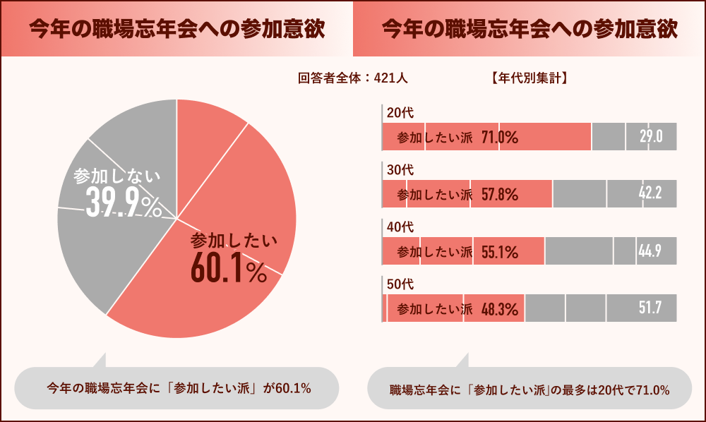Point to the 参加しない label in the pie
116,176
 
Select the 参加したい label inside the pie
234,241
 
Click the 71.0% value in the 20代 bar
500,138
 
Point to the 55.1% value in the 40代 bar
500,252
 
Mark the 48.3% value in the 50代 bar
500,309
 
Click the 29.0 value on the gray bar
650,138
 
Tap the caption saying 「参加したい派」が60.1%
179,387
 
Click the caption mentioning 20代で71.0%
529,390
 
